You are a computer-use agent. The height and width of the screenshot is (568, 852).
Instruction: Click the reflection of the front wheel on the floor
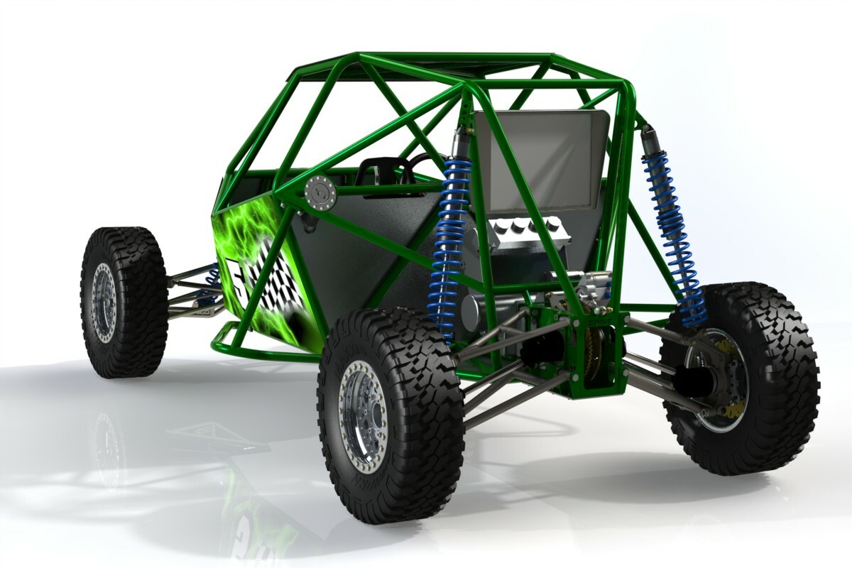tap(106, 447)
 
